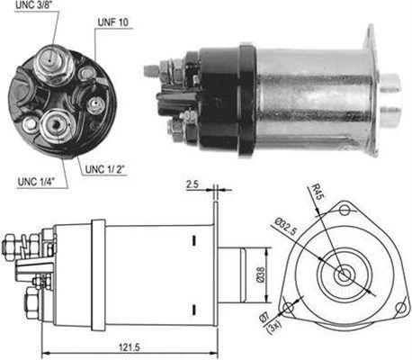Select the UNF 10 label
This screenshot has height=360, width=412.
[x=113, y=22]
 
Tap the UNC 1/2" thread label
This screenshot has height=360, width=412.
[x=104, y=169]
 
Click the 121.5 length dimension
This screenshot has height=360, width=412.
[x=130, y=347]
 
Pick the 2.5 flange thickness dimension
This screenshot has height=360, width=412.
[x=193, y=184]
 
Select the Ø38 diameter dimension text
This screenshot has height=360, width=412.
[x=261, y=274]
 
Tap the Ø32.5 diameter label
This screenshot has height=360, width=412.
[x=285, y=227]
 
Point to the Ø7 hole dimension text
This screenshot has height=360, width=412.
[x=264, y=318]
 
